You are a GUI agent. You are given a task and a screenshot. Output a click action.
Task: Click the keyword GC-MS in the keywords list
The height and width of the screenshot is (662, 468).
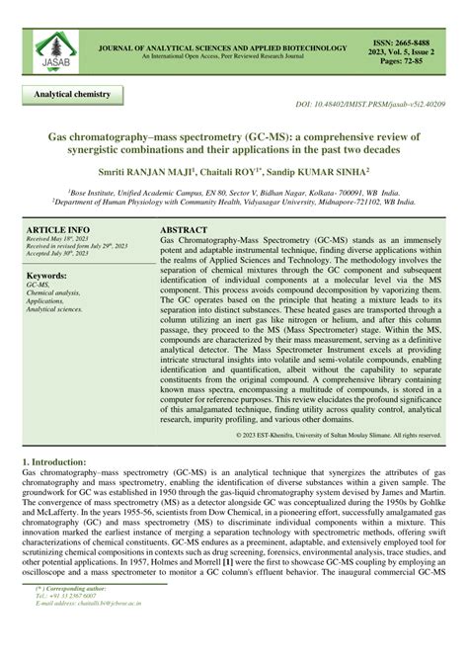coord(39,287)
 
